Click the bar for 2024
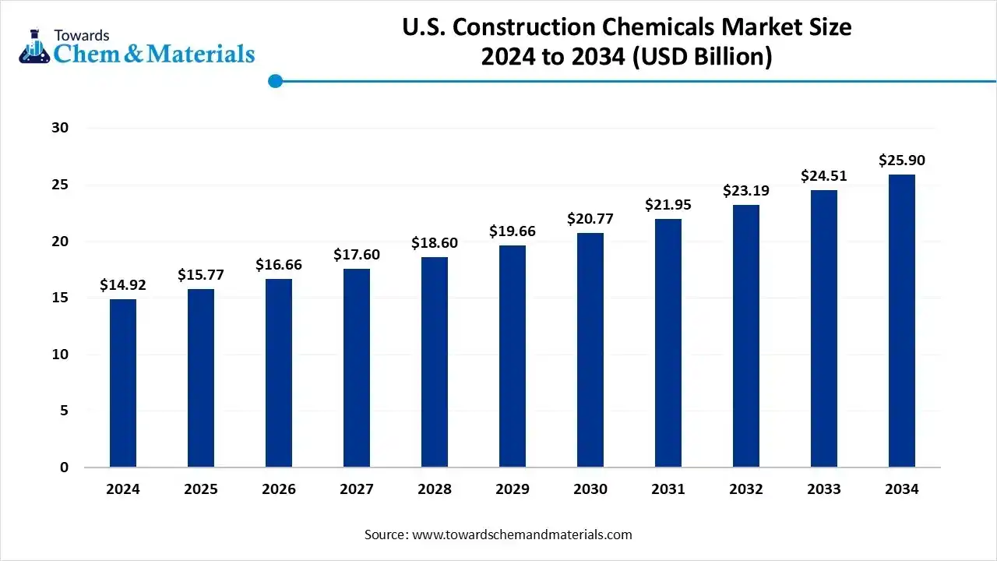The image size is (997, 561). [123, 383]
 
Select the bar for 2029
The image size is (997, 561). [513, 356]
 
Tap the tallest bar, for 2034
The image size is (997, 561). [902, 321]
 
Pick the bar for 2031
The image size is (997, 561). [668, 343]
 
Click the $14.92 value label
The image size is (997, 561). [123, 285]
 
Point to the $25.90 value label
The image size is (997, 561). [902, 161]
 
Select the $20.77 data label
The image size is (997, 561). [590, 219]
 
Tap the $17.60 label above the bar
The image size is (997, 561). [357, 255]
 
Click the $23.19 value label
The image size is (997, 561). [746, 190]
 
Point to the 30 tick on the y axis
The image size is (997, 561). [60, 128]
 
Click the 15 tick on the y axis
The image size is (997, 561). [60, 298]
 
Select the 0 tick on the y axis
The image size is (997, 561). [65, 467]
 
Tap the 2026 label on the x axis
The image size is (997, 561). [279, 489]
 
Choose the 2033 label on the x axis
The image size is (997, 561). [824, 489]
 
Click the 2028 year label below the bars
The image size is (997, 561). [435, 489]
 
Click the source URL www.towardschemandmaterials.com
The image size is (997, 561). [521, 535]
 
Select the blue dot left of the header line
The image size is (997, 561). [274, 81]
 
